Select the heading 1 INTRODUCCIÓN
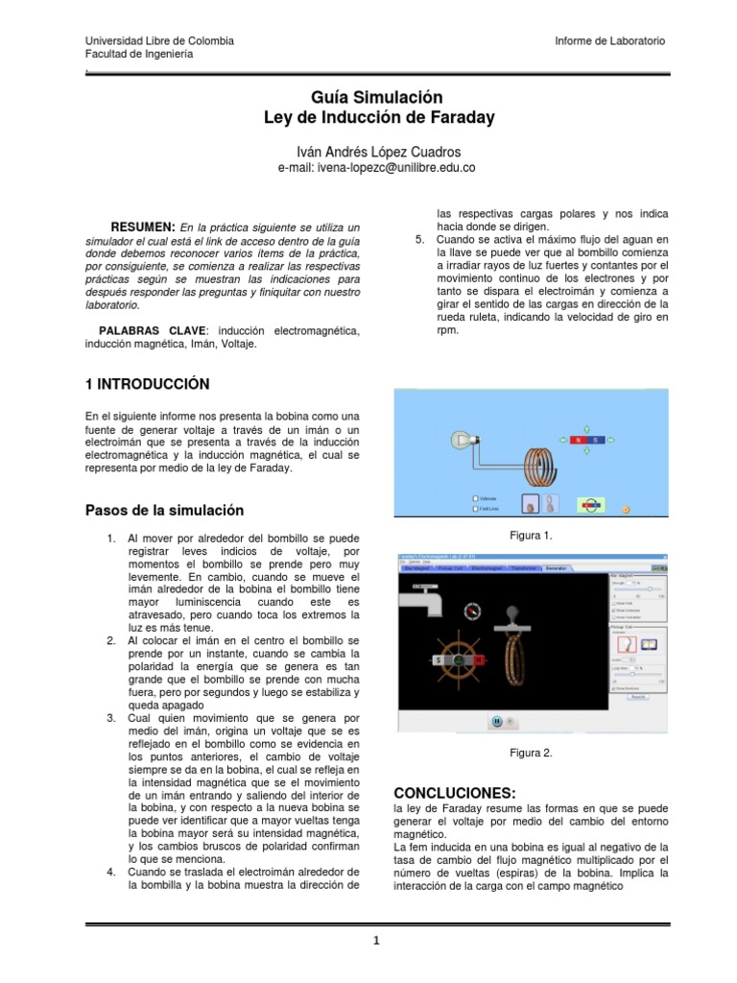click(x=147, y=384)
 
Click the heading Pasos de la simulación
click(x=164, y=511)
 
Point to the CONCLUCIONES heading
click(x=455, y=793)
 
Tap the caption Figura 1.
click(x=533, y=535)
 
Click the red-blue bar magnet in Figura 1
click(x=586, y=441)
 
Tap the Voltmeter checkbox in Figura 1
click(x=474, y=498)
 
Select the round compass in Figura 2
click(x=470, y=610)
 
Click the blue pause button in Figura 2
click(x=497, y=721)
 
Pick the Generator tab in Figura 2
click(x=556, y=568)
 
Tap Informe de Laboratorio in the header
click(x=609, y=41)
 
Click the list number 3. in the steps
click(x=111, y=717)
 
